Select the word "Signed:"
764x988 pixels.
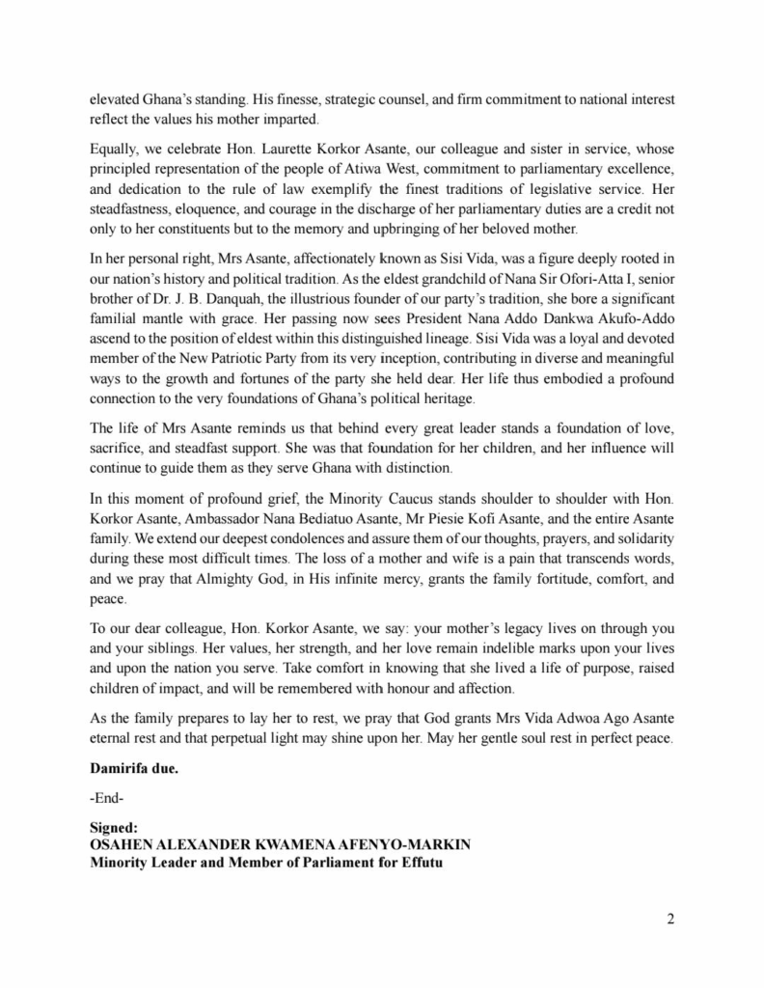pos(114,827)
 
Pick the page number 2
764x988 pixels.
pos(669,918)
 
